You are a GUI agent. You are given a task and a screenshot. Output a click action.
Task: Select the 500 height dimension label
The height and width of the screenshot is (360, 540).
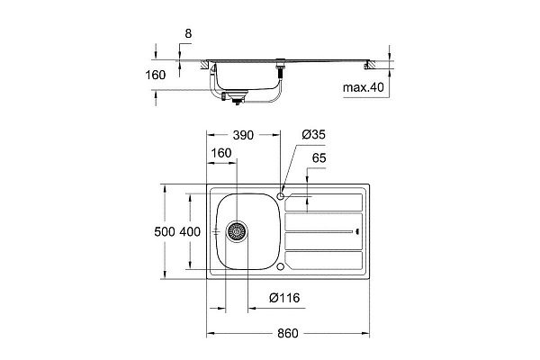(x=165, y=232)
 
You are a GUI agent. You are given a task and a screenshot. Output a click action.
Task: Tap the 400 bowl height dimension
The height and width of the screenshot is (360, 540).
(x=190, y=232)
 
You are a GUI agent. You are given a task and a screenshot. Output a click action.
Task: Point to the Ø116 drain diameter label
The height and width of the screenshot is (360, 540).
(x=284, y=299)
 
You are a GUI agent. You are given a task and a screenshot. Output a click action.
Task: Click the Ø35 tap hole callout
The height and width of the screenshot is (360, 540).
(x=312, y=134)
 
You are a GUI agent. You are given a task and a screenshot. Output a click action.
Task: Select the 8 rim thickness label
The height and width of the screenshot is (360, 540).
(x=187, y=35)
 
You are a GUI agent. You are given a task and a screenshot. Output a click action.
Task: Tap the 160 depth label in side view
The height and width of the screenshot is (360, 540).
(x=155, y=75)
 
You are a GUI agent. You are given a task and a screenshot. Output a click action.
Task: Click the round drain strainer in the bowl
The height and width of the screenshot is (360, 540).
(x=237, y=232)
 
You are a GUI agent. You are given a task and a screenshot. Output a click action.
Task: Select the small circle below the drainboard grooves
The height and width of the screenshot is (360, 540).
(x=282, y=266)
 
